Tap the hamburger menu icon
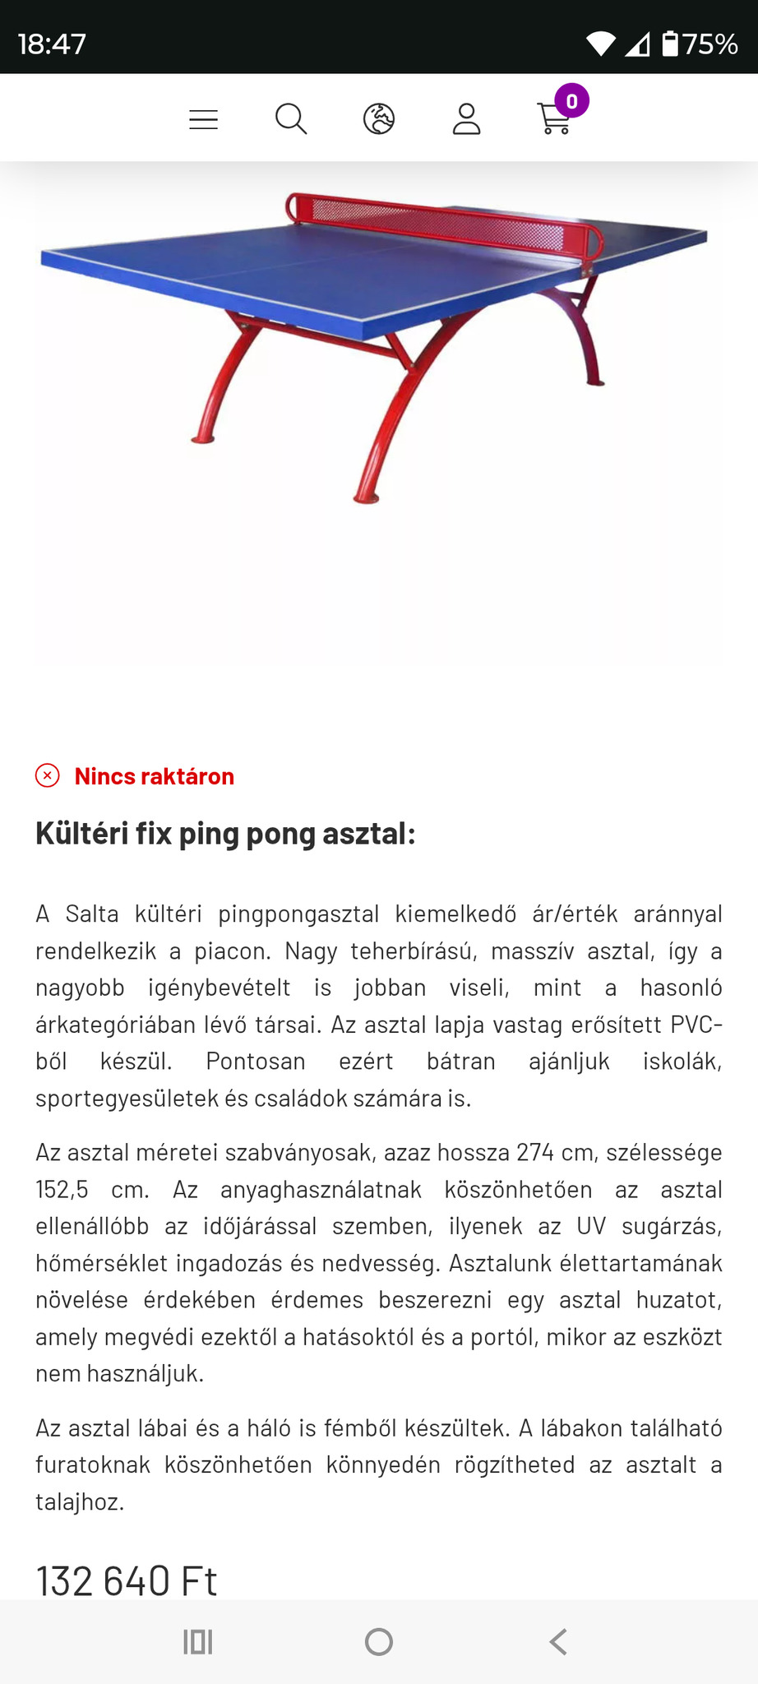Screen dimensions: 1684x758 203,120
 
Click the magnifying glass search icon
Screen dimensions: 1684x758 291,119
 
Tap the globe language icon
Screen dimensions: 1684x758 379,119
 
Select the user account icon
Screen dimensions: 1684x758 466,119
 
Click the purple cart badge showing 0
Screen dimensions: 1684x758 571,101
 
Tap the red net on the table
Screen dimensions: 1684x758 444,221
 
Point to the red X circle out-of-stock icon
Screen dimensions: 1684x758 48,775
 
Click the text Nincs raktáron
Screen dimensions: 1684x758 155,776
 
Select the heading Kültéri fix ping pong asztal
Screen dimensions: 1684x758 225,834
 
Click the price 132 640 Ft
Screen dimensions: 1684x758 127,1580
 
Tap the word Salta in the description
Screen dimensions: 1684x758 92,914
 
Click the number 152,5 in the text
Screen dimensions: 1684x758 62,1189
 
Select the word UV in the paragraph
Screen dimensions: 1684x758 591,1226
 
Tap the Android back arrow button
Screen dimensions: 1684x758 558,1642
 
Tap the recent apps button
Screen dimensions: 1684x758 198,1642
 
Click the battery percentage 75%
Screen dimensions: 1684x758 709,44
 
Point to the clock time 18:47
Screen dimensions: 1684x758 52,44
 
